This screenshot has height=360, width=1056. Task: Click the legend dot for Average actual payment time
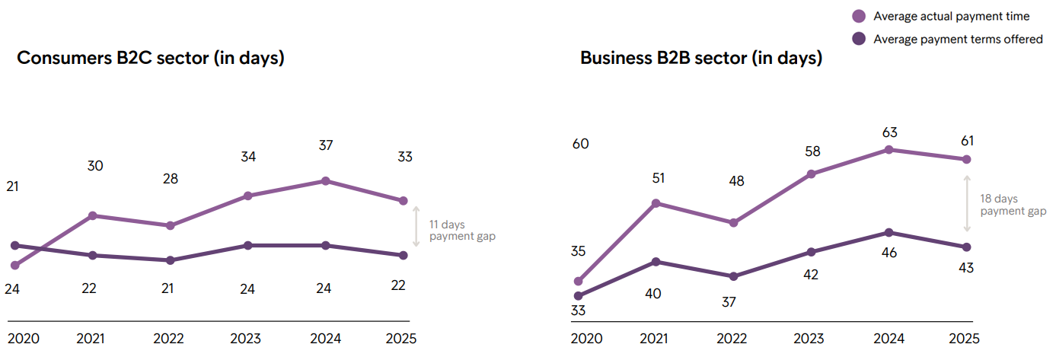[859, 16]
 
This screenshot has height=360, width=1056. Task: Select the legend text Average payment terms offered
[958, 39]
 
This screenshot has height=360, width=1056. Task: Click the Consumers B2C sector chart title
[151, 58]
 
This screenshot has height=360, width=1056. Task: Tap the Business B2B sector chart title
[701, 58]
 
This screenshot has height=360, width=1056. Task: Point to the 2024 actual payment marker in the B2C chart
[325, 181]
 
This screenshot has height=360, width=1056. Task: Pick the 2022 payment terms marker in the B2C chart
[170, 260]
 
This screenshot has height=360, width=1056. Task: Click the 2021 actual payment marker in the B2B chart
[656, 203]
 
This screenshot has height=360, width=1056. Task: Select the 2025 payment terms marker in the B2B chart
[967, 247]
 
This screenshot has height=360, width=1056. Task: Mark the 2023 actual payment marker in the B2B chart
[811, 174]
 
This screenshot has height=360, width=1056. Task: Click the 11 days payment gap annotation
[462, 231]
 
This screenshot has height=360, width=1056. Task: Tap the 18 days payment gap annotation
[1013, 205]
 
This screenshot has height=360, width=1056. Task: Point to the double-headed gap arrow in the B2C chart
[416, 226]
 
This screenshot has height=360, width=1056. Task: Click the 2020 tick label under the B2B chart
[586, 339]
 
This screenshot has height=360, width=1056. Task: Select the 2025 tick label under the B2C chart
[401, 339]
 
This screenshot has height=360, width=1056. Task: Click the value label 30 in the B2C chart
[95, 166]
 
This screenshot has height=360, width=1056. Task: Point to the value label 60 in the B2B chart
[580, 144]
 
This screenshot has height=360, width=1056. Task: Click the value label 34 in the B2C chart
[247, 157]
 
